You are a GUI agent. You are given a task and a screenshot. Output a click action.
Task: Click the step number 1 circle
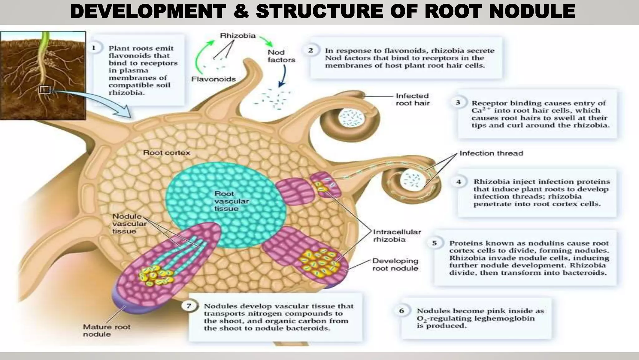click(94, 48)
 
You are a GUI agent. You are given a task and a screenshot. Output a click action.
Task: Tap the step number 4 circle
click(459, 182)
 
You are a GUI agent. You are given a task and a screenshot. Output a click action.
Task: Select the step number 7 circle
click(189, 306)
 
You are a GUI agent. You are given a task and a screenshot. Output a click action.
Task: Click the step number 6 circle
click(402, 311)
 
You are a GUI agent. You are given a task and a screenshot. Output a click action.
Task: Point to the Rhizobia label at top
click(238, 36)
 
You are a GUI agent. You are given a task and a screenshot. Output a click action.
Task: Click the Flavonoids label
click(213, 79)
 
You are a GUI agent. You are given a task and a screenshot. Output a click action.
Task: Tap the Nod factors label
click(281, 56)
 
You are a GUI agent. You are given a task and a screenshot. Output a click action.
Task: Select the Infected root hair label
click(412, 99)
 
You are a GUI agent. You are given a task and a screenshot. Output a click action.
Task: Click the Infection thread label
click(491, 153)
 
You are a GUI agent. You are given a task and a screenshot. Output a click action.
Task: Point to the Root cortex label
click(166, 152)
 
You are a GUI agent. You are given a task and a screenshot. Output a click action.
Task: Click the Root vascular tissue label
click(231, 201)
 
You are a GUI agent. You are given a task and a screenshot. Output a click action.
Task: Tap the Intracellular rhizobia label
click(397, 236)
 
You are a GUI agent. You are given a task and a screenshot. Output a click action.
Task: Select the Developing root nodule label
click(395, 264)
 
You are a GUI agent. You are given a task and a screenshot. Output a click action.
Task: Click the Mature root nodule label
click(106, 330)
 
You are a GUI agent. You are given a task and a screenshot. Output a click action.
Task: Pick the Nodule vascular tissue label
click(129, 224)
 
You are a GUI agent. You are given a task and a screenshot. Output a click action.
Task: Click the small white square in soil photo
click(45, 90)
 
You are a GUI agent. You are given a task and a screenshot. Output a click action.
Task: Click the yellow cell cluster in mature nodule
click(155, 276)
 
